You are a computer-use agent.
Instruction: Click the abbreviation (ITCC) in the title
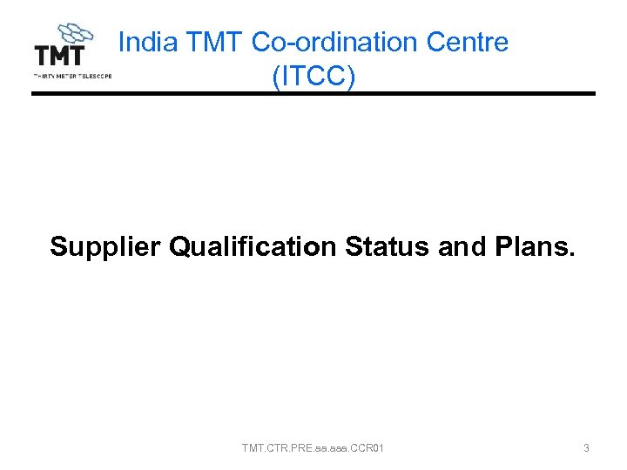coord(313,76)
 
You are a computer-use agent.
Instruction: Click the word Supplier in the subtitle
coord(105,247)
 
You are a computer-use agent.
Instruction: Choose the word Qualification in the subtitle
coord(253,247)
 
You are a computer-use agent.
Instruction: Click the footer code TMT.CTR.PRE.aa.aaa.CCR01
coord(313,448)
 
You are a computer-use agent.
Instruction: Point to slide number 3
coord(586,448)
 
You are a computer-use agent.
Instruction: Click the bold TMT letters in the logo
coord(59,56)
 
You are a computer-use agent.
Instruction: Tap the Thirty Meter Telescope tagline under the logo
coord(72,76)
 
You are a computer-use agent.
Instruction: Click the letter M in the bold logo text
coord(59,56)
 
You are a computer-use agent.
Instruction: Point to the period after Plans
coord(572,254)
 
